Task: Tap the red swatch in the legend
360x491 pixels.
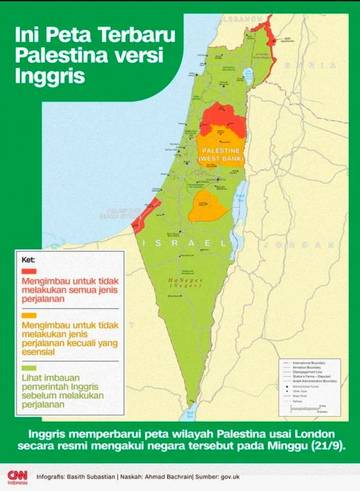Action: tap(26, 271)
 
